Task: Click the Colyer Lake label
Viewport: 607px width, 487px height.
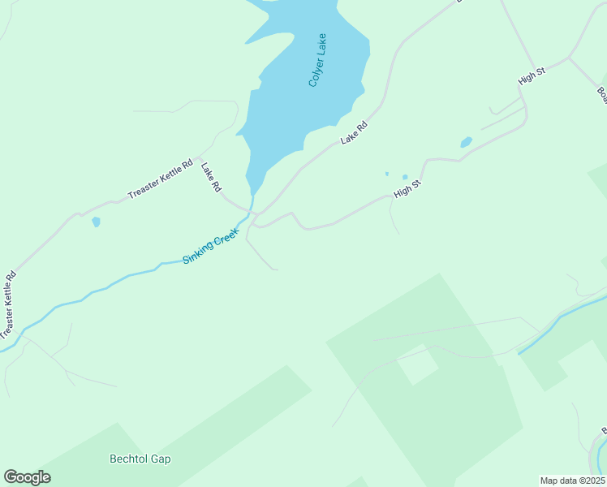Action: point(317,60)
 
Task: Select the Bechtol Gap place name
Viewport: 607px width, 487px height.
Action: point(140,459)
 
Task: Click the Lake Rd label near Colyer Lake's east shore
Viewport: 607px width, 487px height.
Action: point(354,132)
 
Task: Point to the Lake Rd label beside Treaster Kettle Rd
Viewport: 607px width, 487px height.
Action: point(211,175)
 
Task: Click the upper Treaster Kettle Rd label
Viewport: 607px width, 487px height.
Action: point(160,179)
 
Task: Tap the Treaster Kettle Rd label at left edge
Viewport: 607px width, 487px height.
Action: point(7,304)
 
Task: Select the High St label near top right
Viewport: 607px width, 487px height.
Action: point(532,78)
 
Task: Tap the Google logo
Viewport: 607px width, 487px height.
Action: point(27,477)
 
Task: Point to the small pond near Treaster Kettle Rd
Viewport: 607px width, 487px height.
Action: point(96,222)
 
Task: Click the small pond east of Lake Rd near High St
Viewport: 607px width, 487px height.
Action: point(466,143)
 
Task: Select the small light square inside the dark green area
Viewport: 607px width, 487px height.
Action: point(419,365)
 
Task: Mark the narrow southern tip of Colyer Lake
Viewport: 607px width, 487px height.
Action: point(252,191)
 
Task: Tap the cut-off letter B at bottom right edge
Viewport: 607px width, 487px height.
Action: point(604,431)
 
